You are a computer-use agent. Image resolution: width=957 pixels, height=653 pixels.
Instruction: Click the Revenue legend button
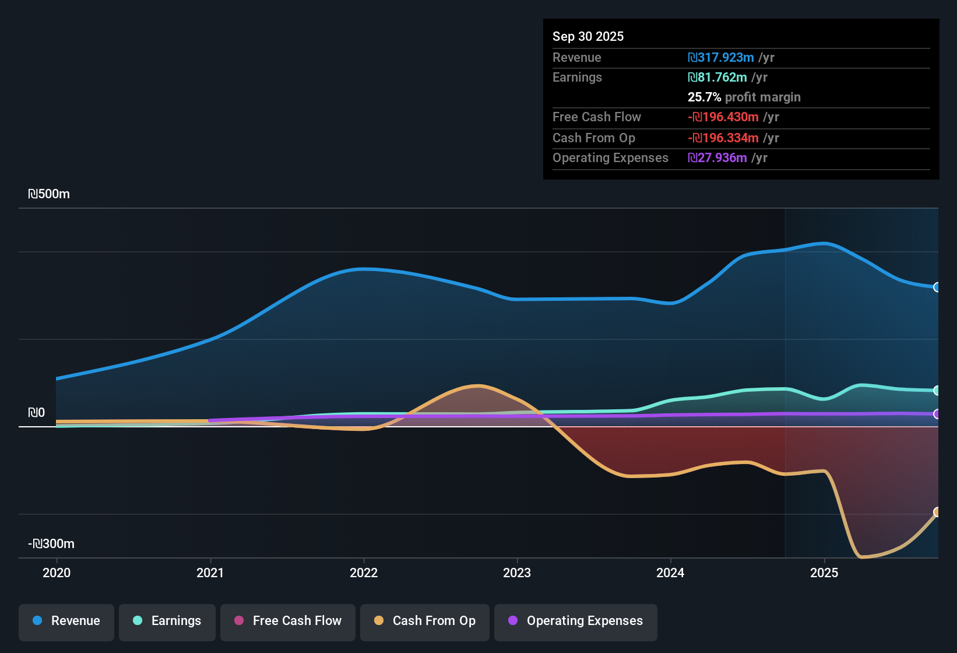pos(66,621)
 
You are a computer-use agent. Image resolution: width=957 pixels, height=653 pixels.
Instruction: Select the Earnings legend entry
pos(167,621)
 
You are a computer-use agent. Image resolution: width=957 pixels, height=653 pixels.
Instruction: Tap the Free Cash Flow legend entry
pos(288,621)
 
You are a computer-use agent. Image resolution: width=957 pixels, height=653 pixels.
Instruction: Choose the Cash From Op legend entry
pos(425,621)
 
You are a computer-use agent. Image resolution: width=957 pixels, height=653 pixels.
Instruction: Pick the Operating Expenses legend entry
pos(576,621)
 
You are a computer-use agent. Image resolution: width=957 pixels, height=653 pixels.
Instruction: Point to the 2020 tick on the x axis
pos(57,573)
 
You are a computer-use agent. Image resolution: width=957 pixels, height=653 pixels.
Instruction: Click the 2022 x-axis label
pos(364,573)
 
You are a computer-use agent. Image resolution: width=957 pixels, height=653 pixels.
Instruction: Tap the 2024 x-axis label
pos(670,573)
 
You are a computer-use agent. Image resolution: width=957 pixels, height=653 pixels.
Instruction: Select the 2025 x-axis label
pos(824,573)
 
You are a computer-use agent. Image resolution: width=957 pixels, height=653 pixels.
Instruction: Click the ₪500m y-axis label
pos(49,194)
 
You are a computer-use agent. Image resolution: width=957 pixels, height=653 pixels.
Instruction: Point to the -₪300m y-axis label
pos(51,544)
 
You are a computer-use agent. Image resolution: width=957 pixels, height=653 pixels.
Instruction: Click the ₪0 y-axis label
pos(37,413)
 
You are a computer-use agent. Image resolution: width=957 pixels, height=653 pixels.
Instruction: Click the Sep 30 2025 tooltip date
pos(588,36)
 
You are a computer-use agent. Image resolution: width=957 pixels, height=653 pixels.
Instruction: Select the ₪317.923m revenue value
pos(721,58)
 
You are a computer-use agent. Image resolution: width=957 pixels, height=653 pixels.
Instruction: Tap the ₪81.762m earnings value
pos(717,78)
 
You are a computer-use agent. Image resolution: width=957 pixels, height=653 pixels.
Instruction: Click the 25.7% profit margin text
pos(744,97)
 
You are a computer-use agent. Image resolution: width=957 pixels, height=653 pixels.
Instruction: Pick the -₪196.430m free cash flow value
pos(723,117)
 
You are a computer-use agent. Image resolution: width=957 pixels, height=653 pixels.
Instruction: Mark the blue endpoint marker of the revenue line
pos(937,287)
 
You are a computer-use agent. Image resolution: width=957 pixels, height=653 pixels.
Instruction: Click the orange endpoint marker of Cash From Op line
pos(937,512)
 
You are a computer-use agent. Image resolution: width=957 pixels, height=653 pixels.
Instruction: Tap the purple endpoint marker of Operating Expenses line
pos(937,414)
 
